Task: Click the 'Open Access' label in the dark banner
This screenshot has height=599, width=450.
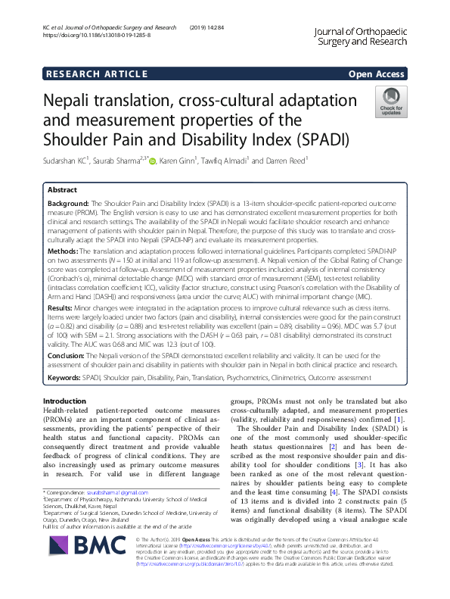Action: [376, 73]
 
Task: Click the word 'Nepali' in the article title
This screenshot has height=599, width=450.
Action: [75, 101]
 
